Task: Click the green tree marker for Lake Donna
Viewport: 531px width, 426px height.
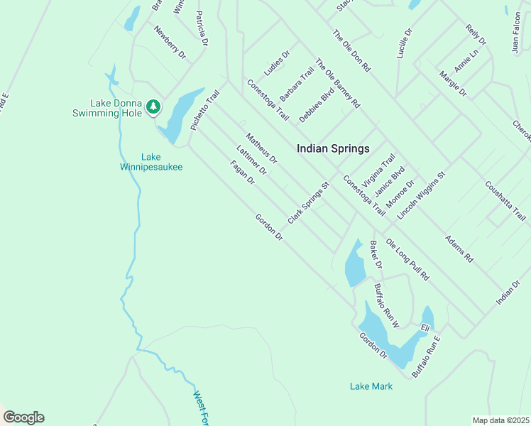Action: click(x=153, y=107)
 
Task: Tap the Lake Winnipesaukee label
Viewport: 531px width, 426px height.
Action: click(x=150, y=162)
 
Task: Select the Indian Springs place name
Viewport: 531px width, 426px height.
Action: click(x=333, y=149)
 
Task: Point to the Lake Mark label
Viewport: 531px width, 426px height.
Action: click(x=371, y=386)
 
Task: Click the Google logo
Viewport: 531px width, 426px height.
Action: click(x=23, y=417)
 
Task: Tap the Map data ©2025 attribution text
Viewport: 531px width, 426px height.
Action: click(x=500, y=420)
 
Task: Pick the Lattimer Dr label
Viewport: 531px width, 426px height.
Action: click(x=251, y=160)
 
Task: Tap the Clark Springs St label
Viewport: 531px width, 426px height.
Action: click(x=310, y=202)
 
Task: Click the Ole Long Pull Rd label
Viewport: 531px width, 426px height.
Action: click(x=408, y=258)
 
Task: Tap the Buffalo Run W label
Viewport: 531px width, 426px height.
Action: click(x=388, y=306)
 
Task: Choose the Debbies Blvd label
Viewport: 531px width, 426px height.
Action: click(x=316, y=105)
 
